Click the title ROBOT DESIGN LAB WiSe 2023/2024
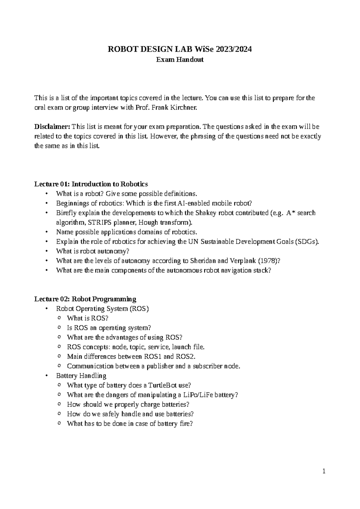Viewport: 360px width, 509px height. (x=180, y=49)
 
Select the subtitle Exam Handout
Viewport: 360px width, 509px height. (x=180, y=60)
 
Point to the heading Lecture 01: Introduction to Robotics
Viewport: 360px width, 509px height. (x=91, y=184)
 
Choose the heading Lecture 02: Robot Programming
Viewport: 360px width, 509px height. (x=85, y=299)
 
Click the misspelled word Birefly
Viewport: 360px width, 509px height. (x=66, y=213)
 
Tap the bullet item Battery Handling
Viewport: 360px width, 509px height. (x=81, y=376)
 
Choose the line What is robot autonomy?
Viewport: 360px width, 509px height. (x=92, y=251)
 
